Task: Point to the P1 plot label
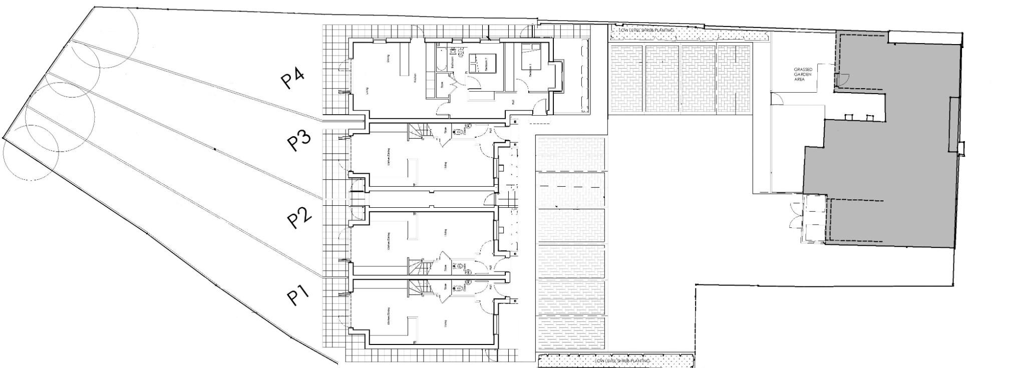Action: [x=298, y=295]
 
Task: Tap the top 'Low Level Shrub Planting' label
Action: [x=646, y=30]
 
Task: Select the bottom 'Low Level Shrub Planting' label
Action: [x=621, y=360]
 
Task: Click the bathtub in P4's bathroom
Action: [x=440, y=60]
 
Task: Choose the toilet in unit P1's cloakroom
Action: [x=458, y=288]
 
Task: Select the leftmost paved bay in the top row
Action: [x=625, y=79]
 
